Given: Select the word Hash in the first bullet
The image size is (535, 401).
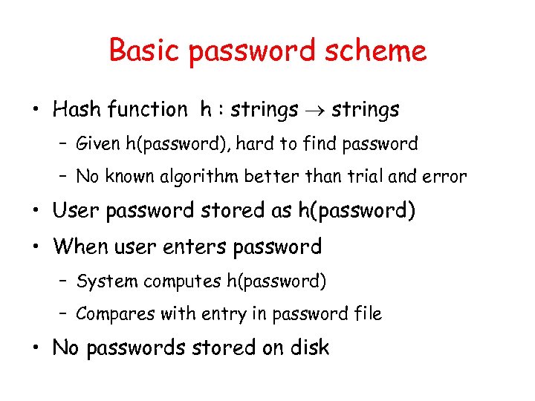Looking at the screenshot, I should [77, 110].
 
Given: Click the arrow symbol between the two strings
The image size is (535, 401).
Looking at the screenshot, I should [315, 111].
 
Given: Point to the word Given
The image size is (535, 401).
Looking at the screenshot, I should [97, 143].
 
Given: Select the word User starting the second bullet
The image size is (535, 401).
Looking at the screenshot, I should [77, 211].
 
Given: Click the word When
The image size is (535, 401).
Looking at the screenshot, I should [81, 246].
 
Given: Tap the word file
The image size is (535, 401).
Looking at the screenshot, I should [369, 313].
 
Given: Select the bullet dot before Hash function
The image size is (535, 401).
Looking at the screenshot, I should [36, 111].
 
